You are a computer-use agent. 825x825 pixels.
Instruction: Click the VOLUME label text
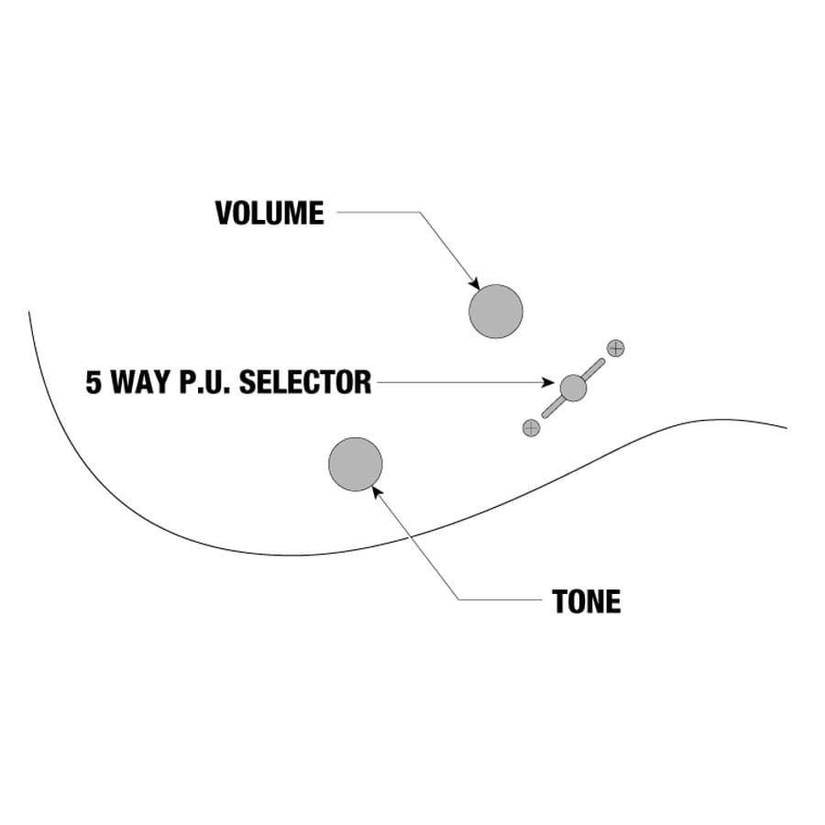pyautogui.click(x=269, y=214)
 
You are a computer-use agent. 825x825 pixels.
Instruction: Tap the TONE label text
pyautogui.click(x=587, y=601)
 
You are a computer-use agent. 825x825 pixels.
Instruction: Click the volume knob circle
pyautogui.click(x=496, y=312)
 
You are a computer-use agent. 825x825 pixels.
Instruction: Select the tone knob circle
pyautogui.click(x=356, y=464)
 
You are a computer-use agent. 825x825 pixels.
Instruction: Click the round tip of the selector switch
pyautogui.click(x=573, y=388)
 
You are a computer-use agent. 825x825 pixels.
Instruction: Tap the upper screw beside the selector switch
pyautogui.click(x=616, y=347)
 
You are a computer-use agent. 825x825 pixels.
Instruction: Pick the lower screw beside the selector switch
pyautogui.click(x=531, y=427)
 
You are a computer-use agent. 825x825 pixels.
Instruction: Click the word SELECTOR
pyautogui.click(x=305, y=382)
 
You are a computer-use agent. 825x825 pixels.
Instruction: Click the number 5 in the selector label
pyautogui.click(x=93, y=382)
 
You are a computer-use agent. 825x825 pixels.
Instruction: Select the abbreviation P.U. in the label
pyautogui.click(x=205, y=382)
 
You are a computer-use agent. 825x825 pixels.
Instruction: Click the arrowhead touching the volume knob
pyautogui.click(x=474, y=283)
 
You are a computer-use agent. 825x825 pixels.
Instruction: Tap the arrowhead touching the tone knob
pyautogui.click(x=376, y=490)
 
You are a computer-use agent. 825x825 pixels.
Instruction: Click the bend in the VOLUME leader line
pyautogui.click(x=420, y=214)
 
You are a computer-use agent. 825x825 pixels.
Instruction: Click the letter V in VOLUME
pyautogui.click(x=223, y=214)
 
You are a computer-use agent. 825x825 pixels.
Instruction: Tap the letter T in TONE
pyautogui.click(x=560, y=601)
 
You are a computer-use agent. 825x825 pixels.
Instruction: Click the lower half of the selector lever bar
pyautogui.click(x=554, y=407)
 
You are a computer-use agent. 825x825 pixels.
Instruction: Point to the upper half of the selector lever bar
pyautogui.click(x=593, y=368)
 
